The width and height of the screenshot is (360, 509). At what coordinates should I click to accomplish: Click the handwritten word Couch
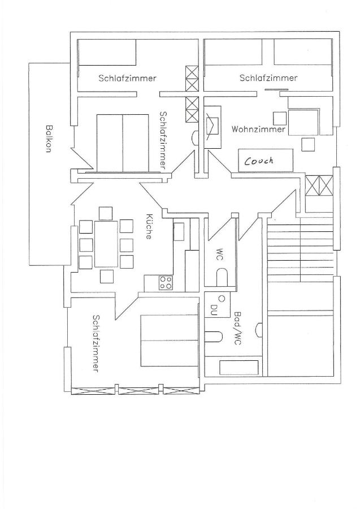(259, 161)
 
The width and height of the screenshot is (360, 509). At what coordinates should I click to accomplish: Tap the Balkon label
(49, 139)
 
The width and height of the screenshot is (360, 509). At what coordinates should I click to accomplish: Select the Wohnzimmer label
(258, 129)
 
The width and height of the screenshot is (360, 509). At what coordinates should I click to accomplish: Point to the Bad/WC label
(238, 328)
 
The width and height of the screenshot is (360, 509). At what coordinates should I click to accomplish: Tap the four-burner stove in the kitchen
(166, 282)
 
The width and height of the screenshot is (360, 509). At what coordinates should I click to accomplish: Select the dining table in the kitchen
(106, 244)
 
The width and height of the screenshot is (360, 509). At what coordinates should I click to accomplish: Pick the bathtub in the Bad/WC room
(240, 368)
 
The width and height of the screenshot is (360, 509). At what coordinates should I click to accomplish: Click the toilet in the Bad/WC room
(214, 337)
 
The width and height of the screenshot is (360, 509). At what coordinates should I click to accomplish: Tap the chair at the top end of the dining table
(106, 213)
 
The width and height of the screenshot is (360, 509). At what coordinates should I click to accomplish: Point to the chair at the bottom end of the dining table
(107, 276)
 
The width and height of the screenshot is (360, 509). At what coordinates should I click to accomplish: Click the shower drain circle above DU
(222, 297)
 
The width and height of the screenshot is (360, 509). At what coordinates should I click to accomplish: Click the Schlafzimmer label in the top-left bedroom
(128, 78)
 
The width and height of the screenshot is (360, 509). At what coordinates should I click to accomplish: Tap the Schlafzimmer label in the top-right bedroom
(268, 78)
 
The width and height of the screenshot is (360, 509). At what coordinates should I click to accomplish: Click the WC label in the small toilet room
(220, 255)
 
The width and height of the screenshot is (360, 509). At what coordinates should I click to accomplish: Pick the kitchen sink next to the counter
(179, 231)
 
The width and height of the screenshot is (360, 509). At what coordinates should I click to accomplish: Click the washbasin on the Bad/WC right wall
(259, 330)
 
